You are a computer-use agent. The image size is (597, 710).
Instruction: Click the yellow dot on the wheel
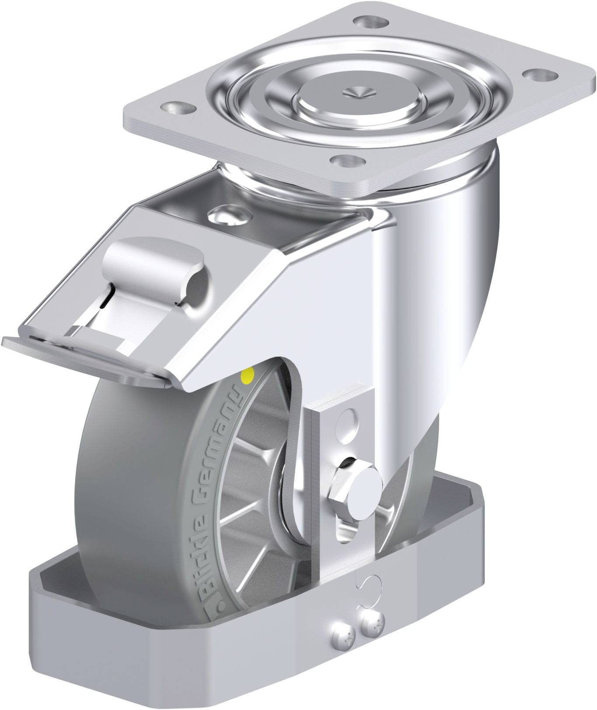coord(248,374)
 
